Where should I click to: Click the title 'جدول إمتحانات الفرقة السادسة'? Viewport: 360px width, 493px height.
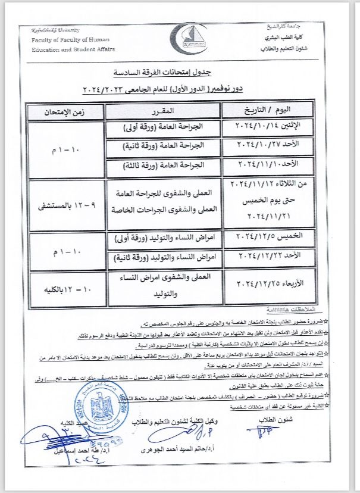click(x=179, y=72)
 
